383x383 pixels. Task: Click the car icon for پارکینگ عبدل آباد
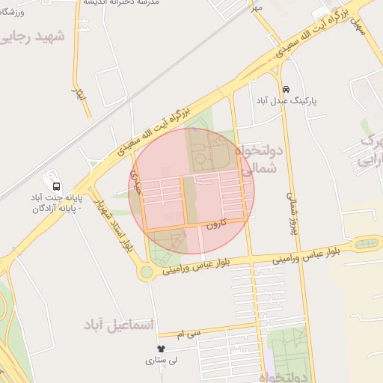click(286, 87)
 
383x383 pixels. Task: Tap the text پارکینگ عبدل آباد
click(287, 100)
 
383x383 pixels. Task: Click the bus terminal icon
click(55, 186)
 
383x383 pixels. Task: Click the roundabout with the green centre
click(145, 272)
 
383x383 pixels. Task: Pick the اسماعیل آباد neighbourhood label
click(120, 325)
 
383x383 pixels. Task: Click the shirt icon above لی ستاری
click(161, 349)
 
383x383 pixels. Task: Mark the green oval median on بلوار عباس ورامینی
click(367, 243)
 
